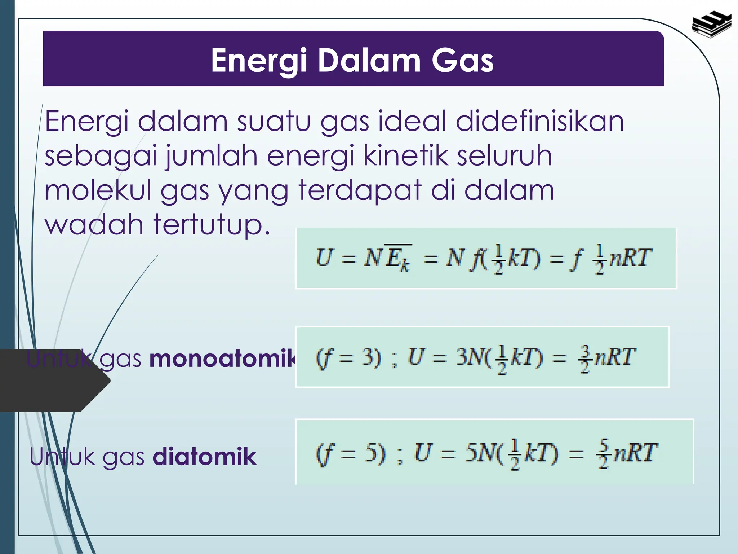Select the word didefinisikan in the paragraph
(x=539, y=122)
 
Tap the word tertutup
(x=212, y=225)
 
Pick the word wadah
(x=94, y=224)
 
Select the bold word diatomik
(x=204, y=457)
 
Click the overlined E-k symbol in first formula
(x=398, y=258)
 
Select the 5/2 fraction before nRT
(x=604, y=454)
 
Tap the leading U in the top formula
(x=323, y=258)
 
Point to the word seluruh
(x=504, y=156)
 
